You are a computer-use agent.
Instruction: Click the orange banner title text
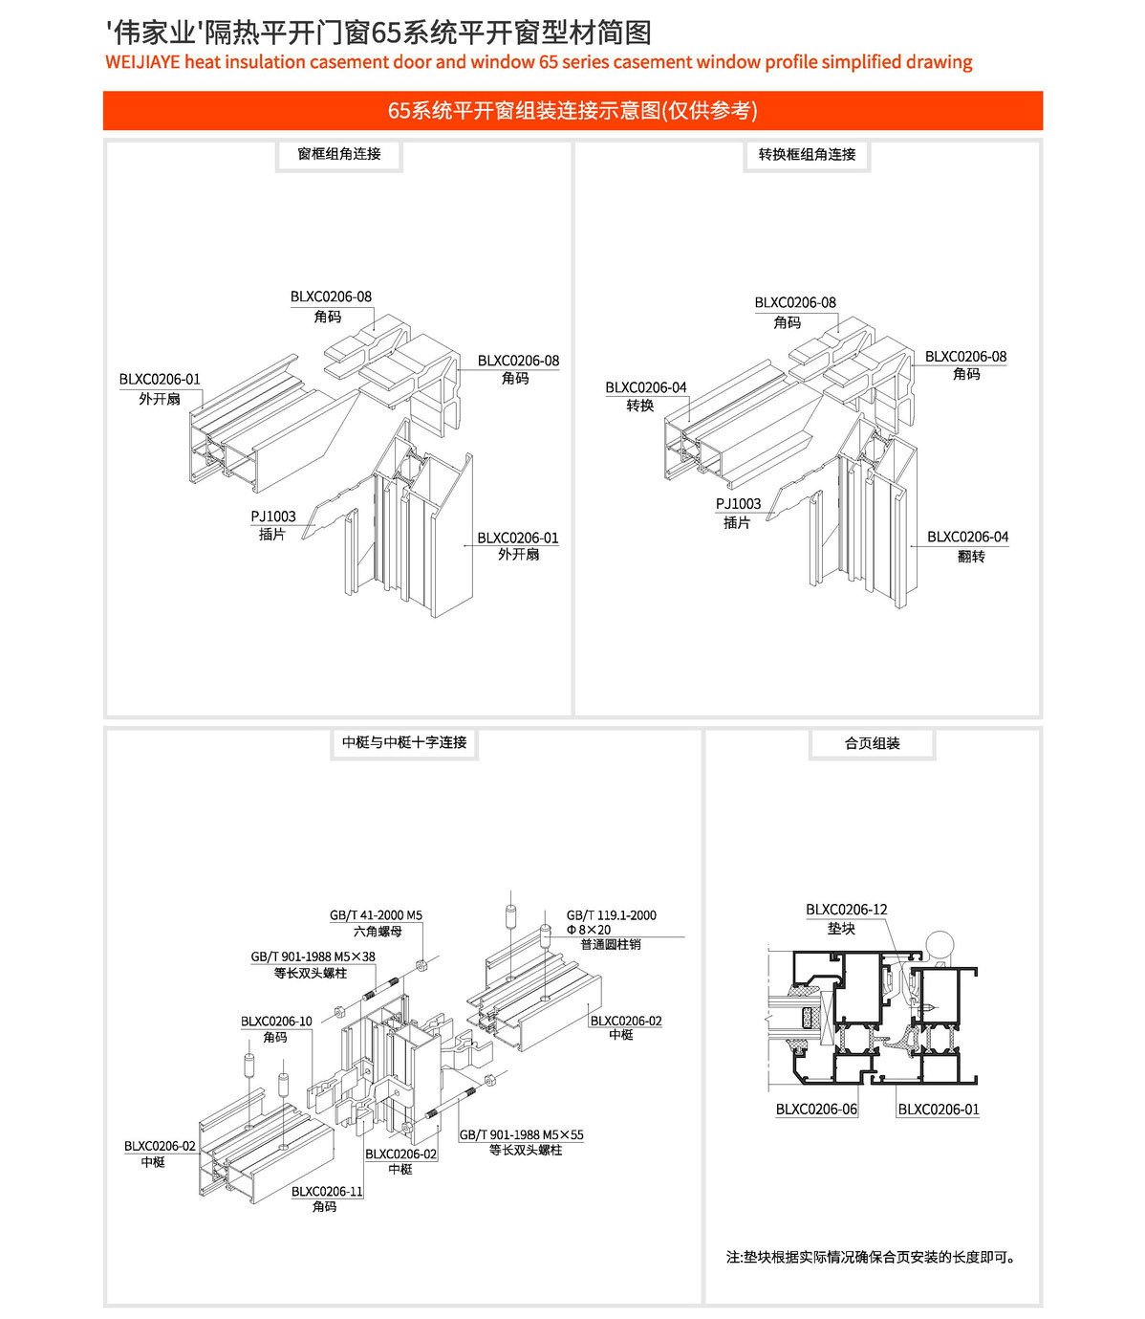572,111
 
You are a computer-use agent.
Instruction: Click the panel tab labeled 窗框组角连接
339,154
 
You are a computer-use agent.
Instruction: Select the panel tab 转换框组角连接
807,155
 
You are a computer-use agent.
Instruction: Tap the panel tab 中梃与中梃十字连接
404,742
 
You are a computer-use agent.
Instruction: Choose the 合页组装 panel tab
872,743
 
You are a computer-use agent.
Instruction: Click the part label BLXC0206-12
846,910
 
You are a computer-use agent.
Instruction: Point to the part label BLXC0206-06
816,1110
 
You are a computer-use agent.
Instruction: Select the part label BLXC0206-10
276,1022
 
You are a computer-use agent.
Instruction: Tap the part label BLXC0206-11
327,1192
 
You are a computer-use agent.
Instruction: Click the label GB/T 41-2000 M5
376,915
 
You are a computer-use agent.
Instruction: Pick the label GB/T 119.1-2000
611,915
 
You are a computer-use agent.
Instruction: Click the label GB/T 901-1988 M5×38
313,956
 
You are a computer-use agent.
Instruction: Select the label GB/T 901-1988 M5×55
521,1135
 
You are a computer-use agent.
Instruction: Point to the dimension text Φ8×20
589,930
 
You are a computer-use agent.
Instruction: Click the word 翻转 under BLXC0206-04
970,557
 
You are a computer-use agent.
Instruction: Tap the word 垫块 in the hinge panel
841,929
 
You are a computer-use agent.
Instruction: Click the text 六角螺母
378,931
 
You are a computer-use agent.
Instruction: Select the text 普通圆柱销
611,944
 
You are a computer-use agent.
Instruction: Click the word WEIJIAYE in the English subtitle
142,63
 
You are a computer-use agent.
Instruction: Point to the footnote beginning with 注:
871,1257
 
